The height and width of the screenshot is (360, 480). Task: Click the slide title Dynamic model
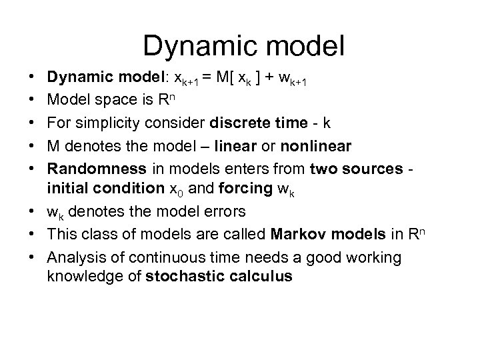point(243,45)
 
